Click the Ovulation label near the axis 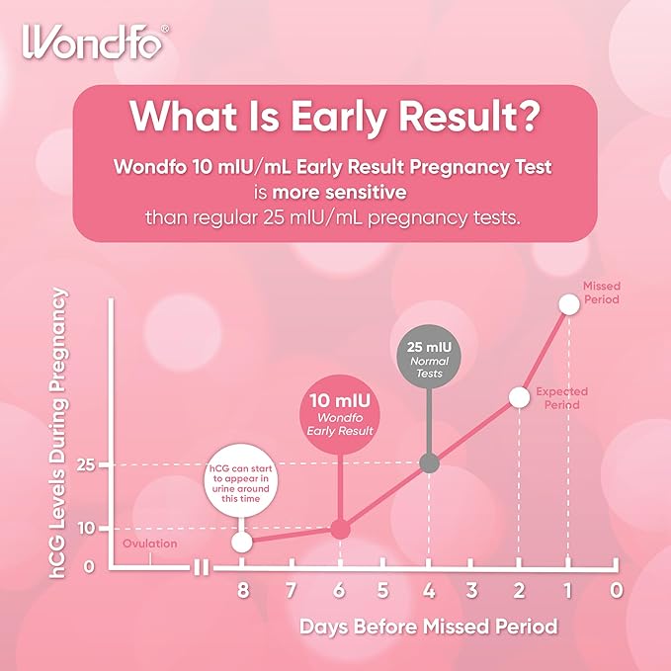(150, 544)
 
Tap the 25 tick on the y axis (87, 464)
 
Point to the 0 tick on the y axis (88, 566)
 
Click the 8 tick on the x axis (242, 591)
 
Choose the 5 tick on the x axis (382, 591)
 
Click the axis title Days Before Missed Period (429, 627)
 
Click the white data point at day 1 (568, 303)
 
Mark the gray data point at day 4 (429, 462)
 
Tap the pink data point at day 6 (339, 530)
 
